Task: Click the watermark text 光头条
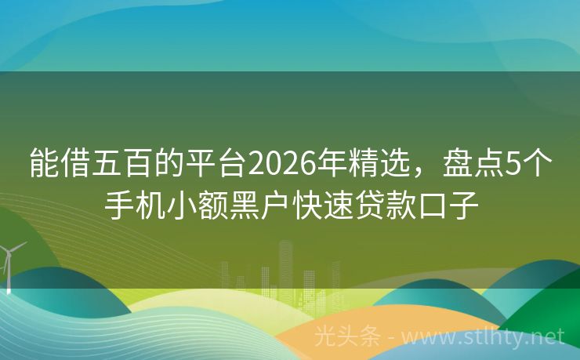pos(346,336)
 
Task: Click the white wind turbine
pos(9,263)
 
